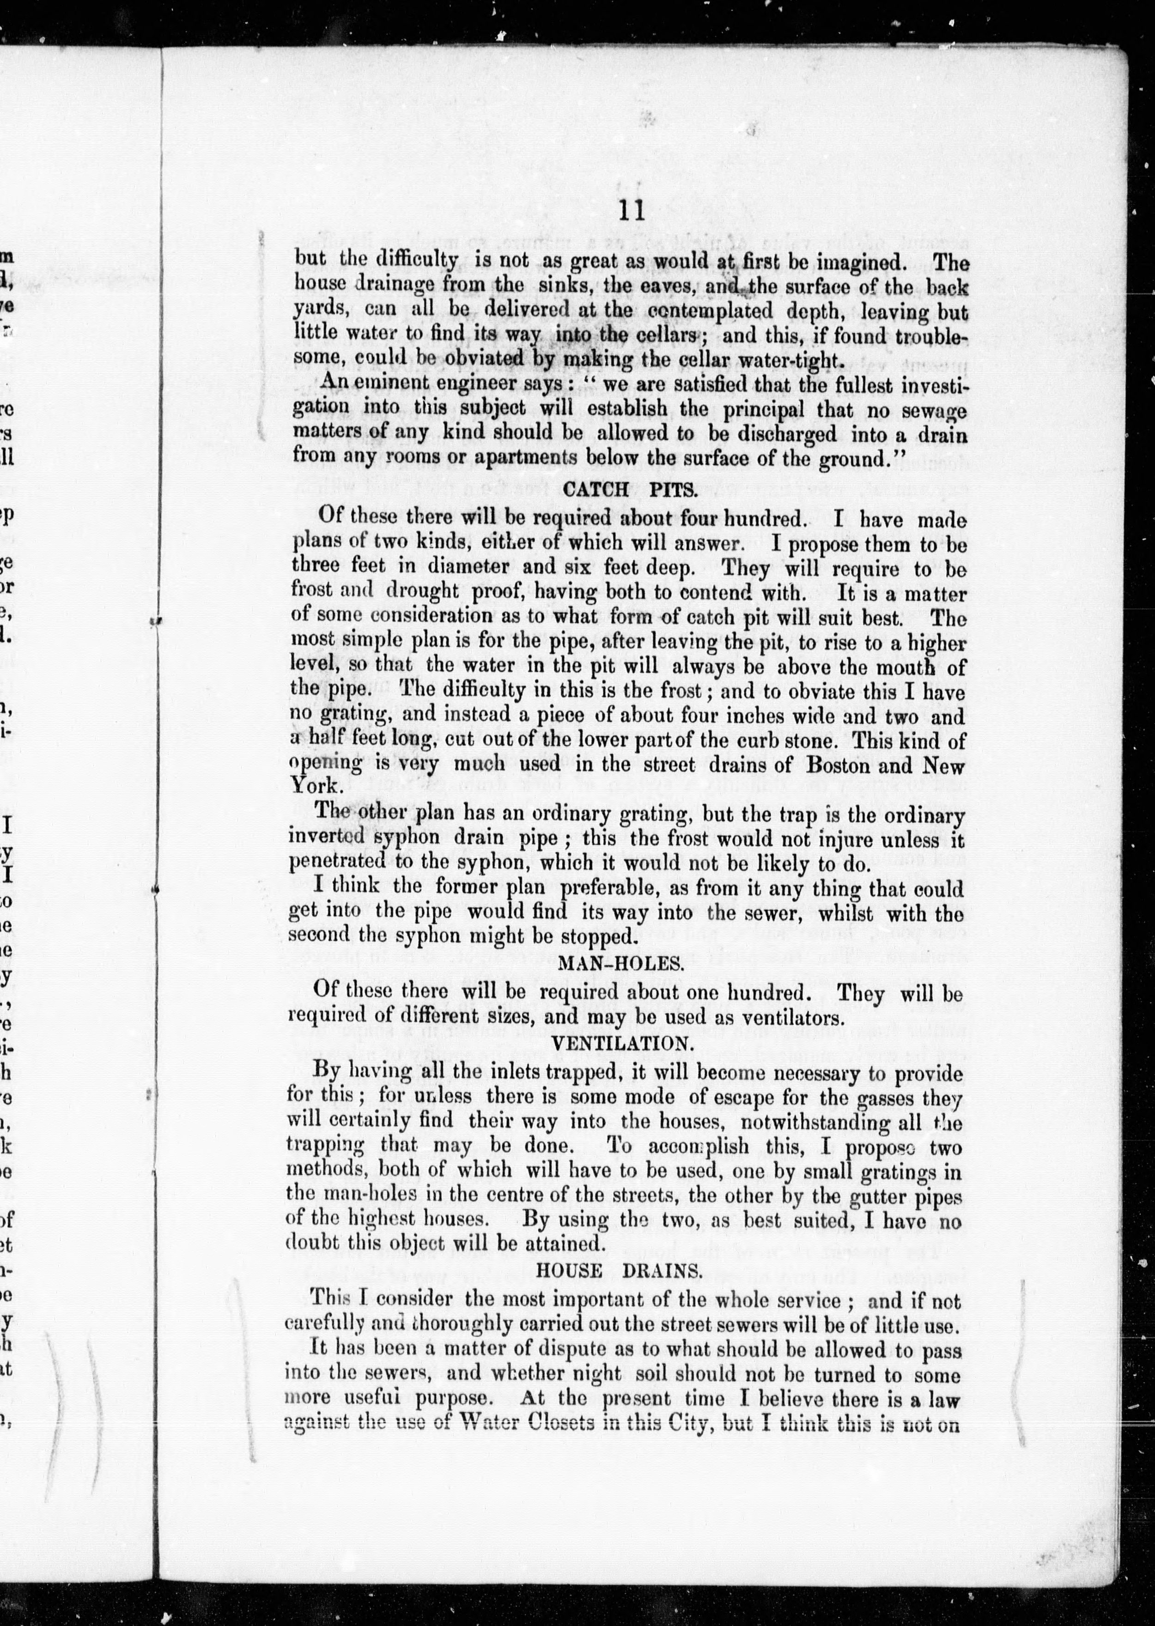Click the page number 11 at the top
[631, 212]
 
